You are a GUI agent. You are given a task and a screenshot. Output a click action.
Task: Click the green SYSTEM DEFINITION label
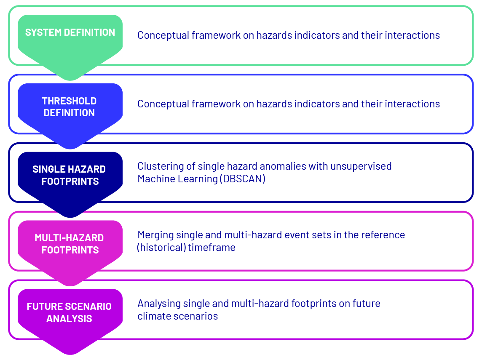coord(70,32)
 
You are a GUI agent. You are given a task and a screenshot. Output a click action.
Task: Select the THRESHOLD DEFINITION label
coord(69,107)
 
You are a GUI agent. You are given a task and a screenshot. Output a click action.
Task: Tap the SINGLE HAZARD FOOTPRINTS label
coord(69,176)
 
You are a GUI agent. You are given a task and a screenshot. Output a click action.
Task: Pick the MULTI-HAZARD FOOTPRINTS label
coord(69,244)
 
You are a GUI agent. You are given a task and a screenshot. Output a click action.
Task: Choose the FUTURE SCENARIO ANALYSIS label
coord(69,312)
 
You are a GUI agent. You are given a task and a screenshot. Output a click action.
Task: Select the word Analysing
coord(158,304)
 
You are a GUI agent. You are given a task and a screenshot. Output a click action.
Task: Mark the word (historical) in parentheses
coord(161,248)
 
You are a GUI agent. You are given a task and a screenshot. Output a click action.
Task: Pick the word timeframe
coord(212,248)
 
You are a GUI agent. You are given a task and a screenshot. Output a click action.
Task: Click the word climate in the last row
coord(154,316)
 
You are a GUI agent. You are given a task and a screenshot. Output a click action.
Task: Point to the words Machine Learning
coord(178,179)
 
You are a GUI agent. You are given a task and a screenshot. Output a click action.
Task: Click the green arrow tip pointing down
coord(70,80)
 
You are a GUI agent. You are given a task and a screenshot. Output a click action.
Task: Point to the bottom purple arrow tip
coord(70,354)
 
